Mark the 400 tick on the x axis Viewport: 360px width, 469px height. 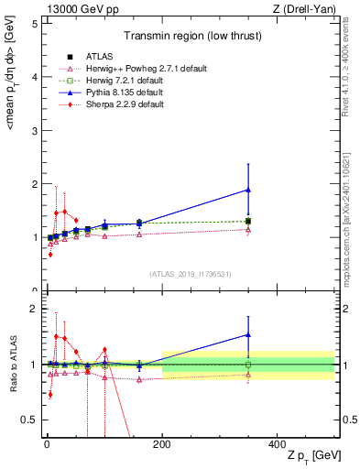coord(278,444)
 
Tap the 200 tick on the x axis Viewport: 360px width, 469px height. coord(162,444)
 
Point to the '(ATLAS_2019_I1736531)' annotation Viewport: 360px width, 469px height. coord(190,274)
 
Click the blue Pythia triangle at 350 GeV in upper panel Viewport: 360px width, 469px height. coord(248,190)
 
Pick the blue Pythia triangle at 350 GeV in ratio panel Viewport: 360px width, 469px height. coord(248,334)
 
